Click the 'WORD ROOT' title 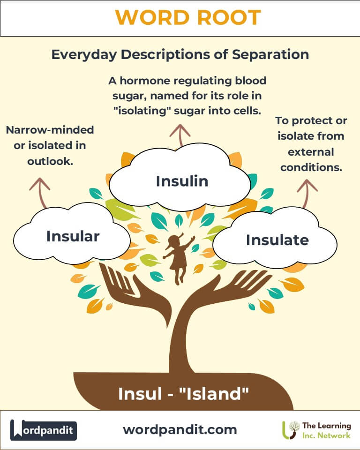click(x=188, y=17)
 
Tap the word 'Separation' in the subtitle click(x=270, y=54)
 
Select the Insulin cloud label click(x=182, y=181)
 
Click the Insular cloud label click(x=73, y=236)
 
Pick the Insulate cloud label click(x=277, y=240)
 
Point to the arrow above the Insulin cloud click(x=180, y=135)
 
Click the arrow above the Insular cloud click(x=40, y=193)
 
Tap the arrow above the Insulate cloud click(x=307, y=194)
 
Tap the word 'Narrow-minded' click(x=50, y=130)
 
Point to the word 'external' click(x=311, y=152)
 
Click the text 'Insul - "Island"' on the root click(x=183, y=393)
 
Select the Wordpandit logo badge click(x=44, y=430)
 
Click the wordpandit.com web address click(x=180, y=430)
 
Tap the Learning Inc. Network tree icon click(x=290, y=430)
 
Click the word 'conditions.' click(x=311, y=167)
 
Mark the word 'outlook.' click(x=50, y=161)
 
